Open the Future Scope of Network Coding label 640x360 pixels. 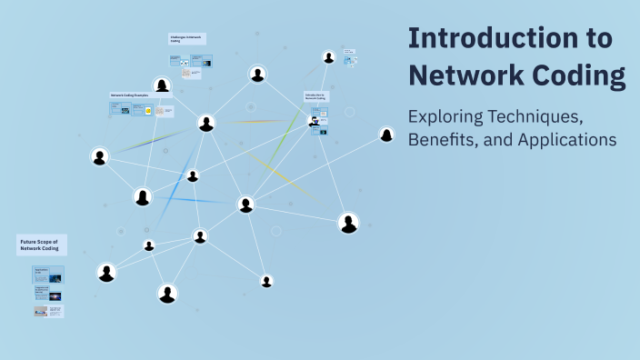point(41,245)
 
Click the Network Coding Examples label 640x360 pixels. point(129,95)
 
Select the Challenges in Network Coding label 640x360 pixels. point(186,38)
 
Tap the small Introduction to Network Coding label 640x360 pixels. point(315,95)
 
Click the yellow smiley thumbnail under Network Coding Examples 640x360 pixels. point(146,110)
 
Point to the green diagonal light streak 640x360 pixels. point(286,136)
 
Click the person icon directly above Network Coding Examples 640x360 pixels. point(162,85)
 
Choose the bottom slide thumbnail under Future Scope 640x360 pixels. point(48,311)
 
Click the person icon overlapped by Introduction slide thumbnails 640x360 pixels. point(315,121)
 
